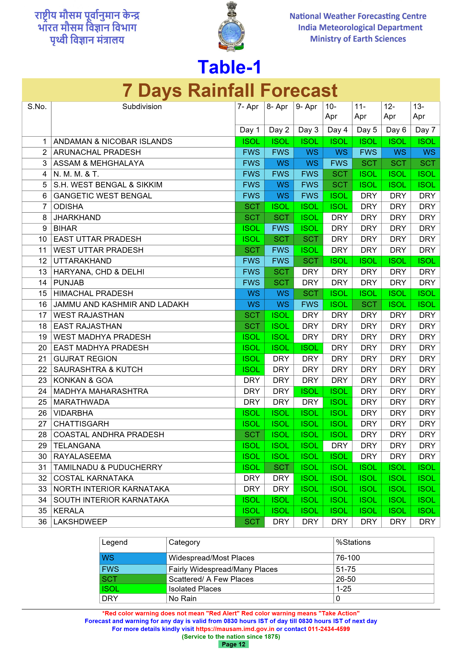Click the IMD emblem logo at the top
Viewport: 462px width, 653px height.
[231, 27]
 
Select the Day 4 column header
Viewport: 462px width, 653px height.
[337, 130]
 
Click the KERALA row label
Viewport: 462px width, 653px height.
[69, 511]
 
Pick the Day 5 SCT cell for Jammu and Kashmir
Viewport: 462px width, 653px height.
[367, 305]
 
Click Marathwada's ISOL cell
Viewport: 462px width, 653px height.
[337, 402]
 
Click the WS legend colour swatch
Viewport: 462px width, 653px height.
[133, 558]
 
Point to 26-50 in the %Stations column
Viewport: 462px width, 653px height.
[346, 579]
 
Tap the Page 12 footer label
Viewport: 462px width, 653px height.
[233, 644]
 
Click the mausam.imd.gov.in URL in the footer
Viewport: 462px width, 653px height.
[235, 629]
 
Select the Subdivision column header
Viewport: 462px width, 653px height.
[142, 107]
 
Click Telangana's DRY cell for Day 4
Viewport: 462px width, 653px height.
[337, 446]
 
